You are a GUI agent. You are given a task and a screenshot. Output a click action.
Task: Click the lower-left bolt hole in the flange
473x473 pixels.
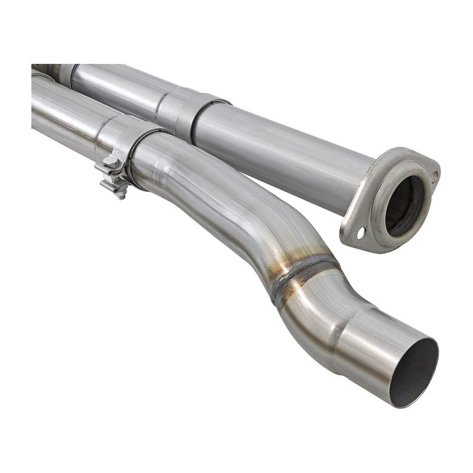click(x=360, y=234)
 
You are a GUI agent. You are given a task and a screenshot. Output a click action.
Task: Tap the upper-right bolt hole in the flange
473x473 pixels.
click(x=434, y=176)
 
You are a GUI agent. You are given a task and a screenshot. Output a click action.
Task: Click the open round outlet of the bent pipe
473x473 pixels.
click(x=413, y=371)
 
